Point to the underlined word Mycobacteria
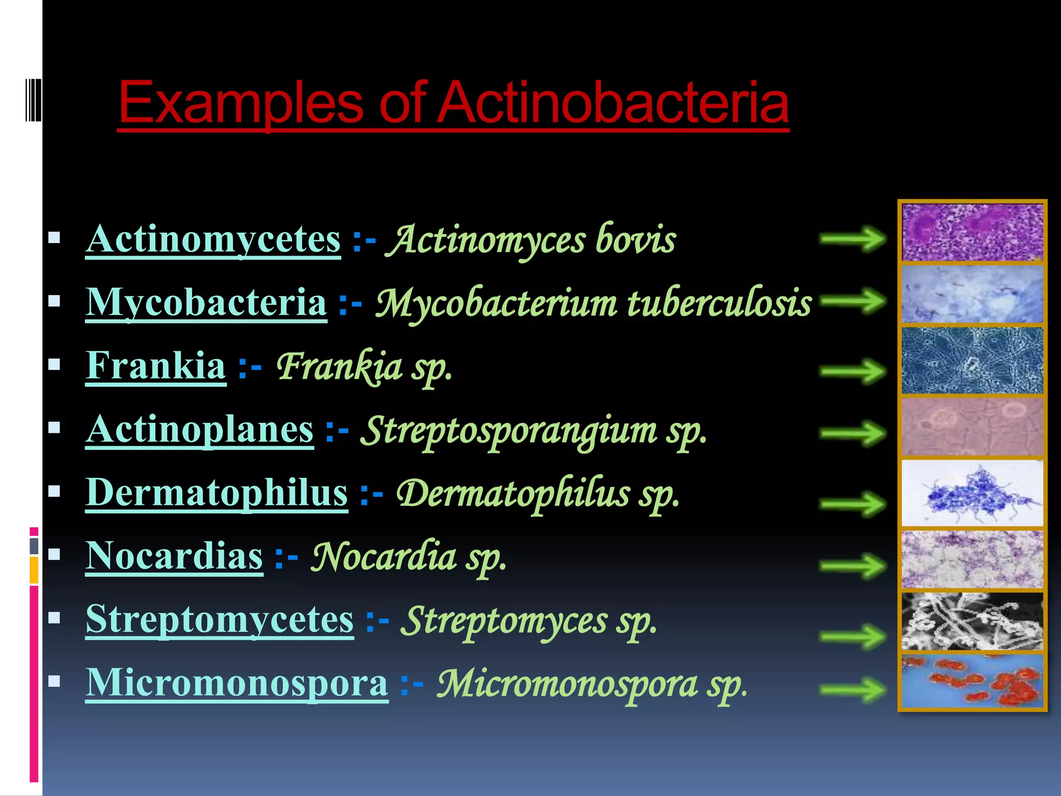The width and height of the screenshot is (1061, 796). (x=206, y=302)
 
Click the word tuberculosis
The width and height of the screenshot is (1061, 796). (x=720, y=302)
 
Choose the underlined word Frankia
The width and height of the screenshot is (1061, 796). (x=156, y=366)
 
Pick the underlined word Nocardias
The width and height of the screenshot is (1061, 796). (x=175, y=556)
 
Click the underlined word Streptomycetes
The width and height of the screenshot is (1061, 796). (x=220, y=619)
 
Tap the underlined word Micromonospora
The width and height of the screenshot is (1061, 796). (x=237, y=683)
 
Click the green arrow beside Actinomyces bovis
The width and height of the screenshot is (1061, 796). (x=853, y=239)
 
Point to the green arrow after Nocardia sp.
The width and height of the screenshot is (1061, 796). (x=853, y=565)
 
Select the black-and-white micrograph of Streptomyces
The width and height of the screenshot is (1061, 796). (x=972, y=621)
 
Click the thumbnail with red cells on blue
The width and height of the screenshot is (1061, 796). (x=972, y=681)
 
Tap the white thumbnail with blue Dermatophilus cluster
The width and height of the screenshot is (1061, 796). (x=972, y=493)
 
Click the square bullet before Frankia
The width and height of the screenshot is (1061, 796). (x=54, y=365)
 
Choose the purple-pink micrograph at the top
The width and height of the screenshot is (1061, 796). (x=972, y=232)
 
